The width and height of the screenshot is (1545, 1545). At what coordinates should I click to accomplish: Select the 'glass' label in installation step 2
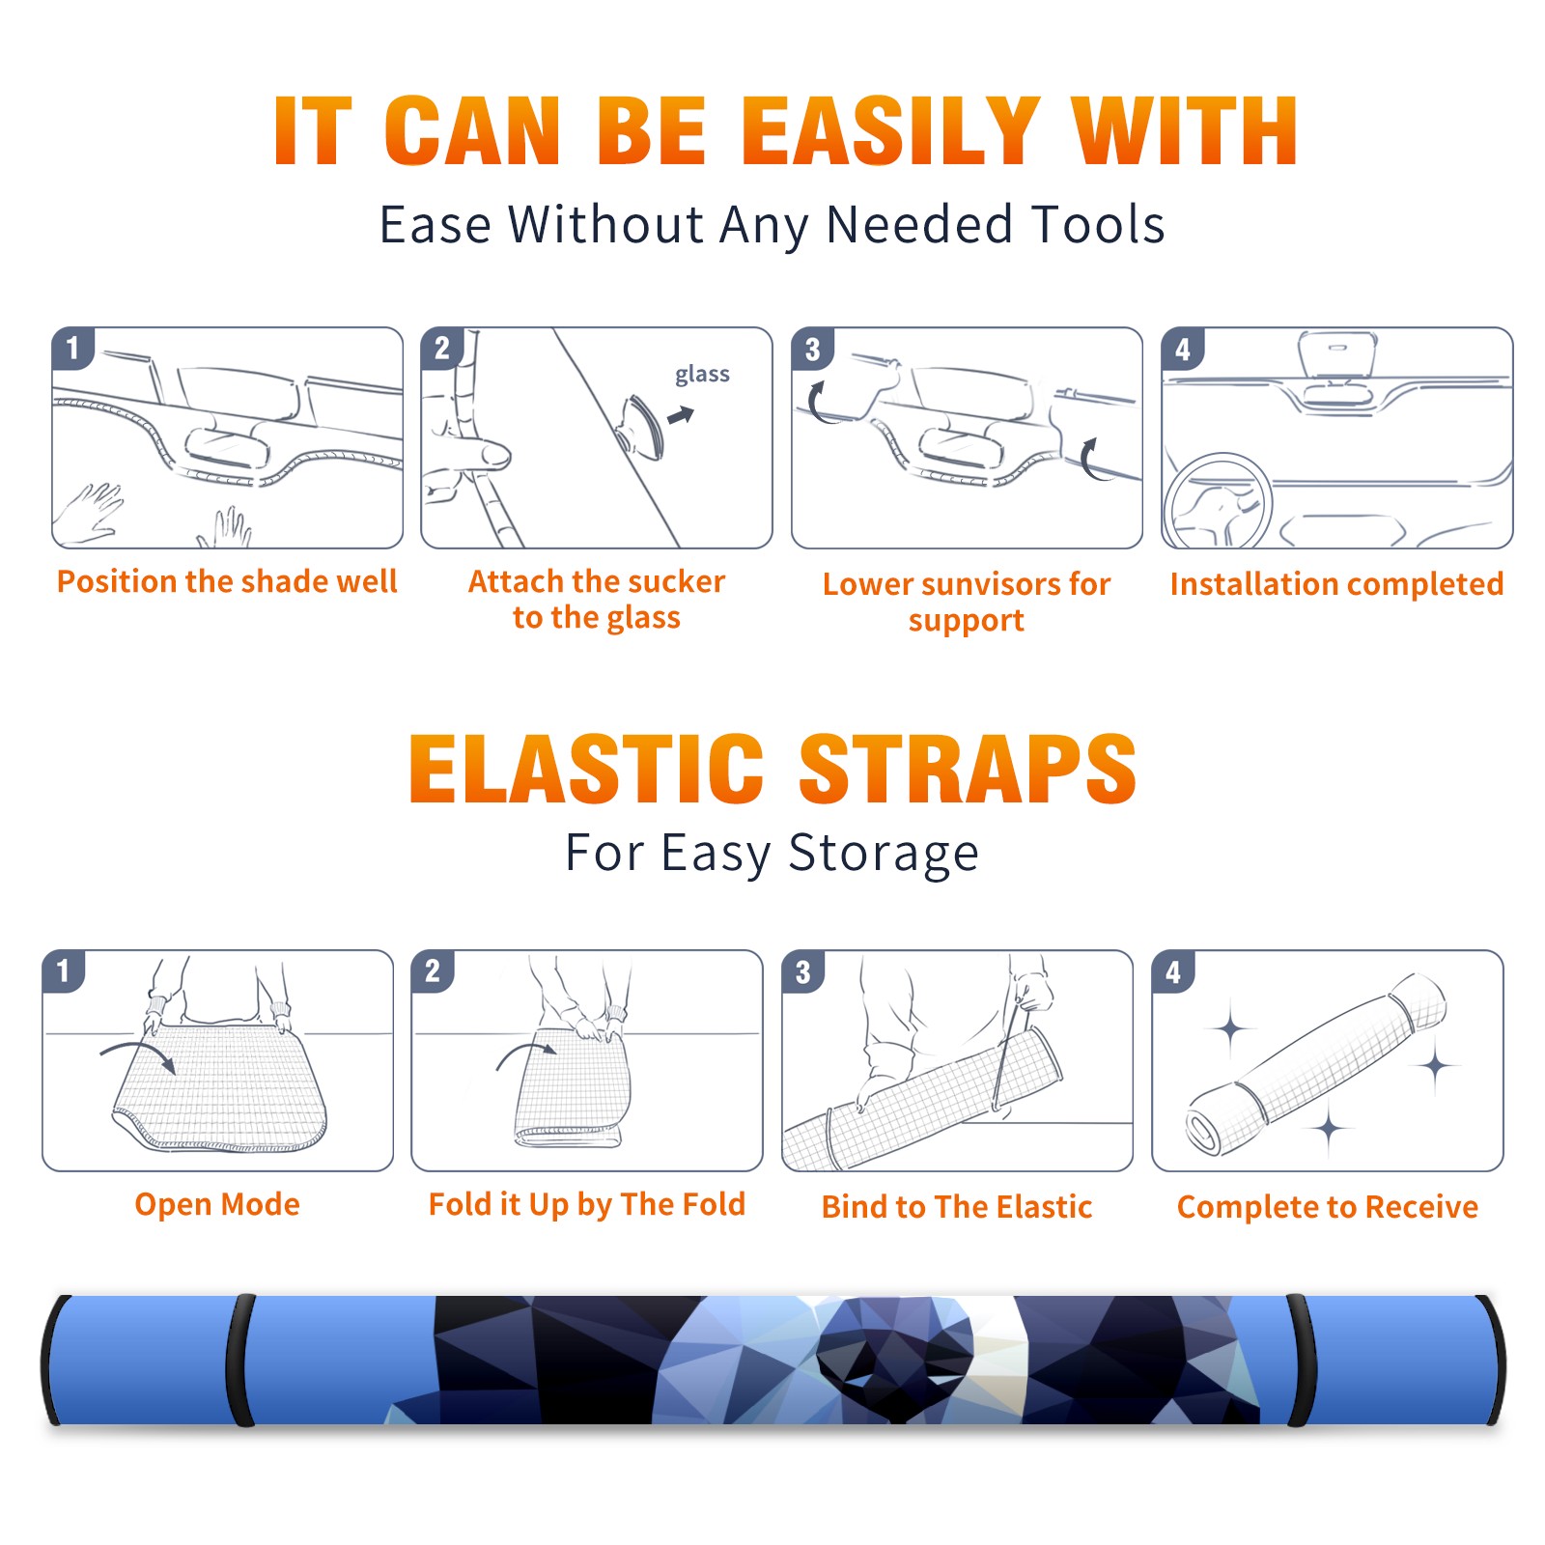[702, 375]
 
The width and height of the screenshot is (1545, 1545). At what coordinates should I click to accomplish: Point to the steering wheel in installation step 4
[1217, 500]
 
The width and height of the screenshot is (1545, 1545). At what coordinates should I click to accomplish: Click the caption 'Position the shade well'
[227, 581]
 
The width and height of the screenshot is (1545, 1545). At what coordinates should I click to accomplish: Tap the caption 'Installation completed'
[1336, 584]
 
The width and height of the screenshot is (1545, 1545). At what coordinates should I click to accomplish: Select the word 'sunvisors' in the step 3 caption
[989, 584]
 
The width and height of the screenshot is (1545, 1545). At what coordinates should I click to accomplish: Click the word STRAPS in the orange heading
[968, 769]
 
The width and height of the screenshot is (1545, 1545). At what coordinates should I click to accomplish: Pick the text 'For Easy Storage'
[772, 854]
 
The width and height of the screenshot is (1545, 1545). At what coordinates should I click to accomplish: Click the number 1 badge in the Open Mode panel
[64, 970]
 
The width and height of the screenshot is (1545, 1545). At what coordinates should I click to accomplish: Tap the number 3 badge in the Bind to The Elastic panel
[803, 971]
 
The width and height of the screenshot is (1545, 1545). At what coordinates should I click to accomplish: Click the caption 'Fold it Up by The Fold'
[587, 1205]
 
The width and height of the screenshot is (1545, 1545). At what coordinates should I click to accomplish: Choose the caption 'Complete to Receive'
[1328, 1207]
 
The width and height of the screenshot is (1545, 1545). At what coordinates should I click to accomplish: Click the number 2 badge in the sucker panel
[442, 349]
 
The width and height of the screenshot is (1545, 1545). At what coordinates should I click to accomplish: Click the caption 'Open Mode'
[217, 1205]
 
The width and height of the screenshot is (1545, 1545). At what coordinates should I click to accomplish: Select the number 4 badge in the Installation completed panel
[1183, 349]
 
